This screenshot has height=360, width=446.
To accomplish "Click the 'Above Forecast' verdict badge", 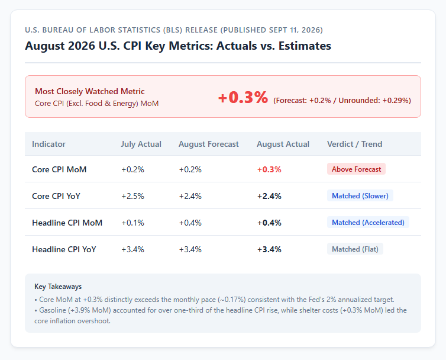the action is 356,169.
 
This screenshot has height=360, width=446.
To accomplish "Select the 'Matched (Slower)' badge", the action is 360,195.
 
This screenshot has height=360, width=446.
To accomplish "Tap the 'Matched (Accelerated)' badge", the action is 368,222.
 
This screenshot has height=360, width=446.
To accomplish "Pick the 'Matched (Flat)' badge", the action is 355,249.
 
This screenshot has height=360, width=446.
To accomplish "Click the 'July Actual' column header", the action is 141,144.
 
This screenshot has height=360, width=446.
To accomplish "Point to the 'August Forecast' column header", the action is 208,144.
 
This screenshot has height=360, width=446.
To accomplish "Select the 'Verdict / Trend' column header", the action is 354,144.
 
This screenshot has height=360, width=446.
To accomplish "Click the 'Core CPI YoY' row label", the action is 56,196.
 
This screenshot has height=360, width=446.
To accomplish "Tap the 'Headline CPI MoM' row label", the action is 67,223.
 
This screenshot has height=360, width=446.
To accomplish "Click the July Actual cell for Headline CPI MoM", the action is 133,223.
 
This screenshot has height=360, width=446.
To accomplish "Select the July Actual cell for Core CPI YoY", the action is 133,196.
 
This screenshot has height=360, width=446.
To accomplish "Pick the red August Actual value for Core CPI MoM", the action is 269,169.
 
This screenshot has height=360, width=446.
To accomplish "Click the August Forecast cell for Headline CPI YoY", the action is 190,249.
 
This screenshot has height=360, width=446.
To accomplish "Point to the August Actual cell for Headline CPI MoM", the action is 269,223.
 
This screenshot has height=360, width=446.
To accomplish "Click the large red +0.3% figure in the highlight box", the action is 243,97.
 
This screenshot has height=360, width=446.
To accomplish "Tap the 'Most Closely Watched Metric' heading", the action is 89,91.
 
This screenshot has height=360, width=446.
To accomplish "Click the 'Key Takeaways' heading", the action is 58,286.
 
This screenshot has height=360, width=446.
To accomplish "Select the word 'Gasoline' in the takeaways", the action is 52,310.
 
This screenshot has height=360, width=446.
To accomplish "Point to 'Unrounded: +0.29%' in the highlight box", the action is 374,101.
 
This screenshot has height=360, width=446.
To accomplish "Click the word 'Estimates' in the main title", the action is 305,46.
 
